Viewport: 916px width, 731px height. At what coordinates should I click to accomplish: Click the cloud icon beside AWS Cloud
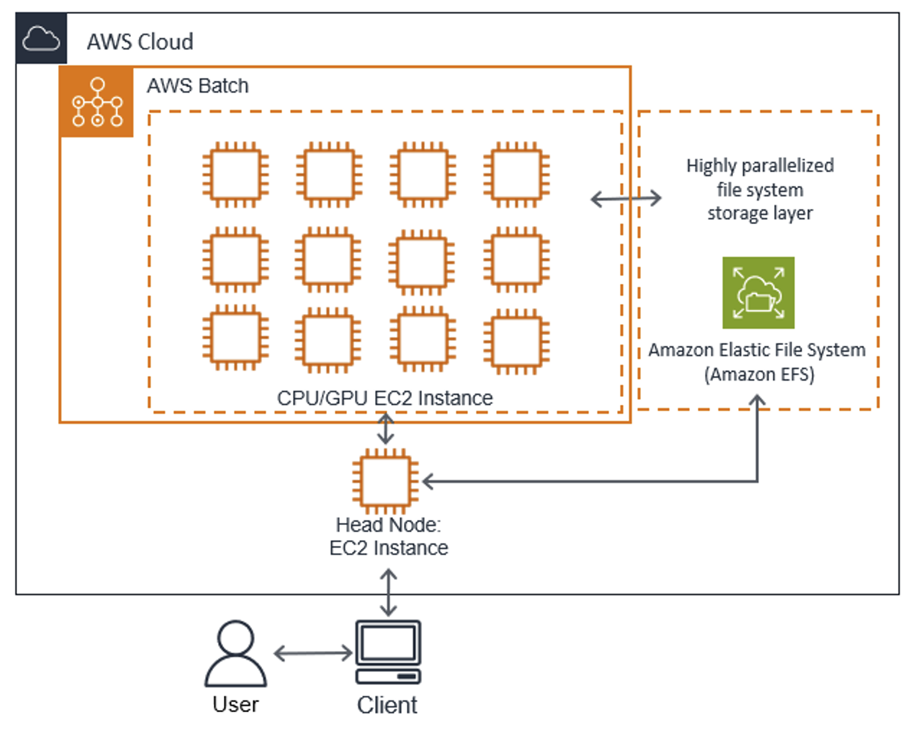point(41,39)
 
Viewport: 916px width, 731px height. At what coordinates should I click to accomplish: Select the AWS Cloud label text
point(140,42)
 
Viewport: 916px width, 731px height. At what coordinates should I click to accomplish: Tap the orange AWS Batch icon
point(97,102)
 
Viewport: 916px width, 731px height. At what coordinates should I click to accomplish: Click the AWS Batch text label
point(197,86)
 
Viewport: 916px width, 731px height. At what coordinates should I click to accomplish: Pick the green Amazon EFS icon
point(758,293)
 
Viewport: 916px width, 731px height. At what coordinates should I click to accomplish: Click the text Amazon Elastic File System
point(756,350)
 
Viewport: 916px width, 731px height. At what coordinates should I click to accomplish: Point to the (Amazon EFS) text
point(759,374)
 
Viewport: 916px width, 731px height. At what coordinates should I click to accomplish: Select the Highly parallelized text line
point(760,166)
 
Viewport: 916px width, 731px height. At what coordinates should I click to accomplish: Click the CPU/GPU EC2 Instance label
point(385,398)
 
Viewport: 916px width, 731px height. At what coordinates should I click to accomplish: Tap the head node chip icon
point(385,481)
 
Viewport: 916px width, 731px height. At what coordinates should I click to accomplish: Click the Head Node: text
point(388,525)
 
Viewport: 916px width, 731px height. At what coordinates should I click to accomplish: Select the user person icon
point(236,654)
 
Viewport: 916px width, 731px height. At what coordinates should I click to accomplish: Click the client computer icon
point(388,652)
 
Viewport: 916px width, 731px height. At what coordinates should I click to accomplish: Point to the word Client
point(387,705)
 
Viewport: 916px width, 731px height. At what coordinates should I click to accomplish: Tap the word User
point(235,704)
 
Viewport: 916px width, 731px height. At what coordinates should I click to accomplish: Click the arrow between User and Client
point(313,653)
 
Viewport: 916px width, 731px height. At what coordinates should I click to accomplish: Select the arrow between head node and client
point(388,593)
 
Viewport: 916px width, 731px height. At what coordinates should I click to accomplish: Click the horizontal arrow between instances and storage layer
point(625,198)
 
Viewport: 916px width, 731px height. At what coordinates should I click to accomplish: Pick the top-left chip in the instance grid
point(235,174)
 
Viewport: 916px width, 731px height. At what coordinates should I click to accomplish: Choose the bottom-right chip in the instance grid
point(516,341)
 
